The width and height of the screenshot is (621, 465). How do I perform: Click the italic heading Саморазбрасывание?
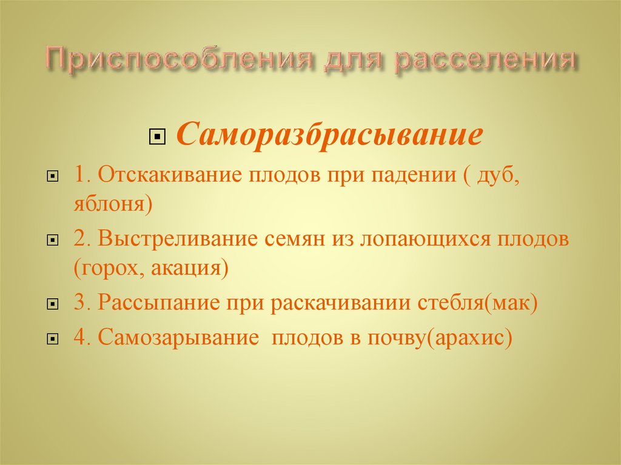click(x=330, y=136)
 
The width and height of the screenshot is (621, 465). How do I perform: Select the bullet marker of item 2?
click(x=53, y=241)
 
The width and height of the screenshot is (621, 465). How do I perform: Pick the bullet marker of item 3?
click(x=53, y=304)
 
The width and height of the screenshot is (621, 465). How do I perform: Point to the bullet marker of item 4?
click(x=53, y=338)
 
